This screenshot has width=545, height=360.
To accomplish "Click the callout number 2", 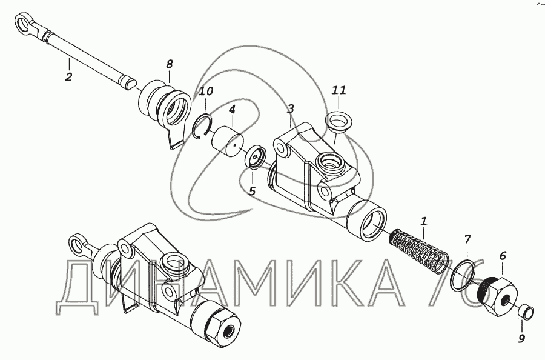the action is [x=68, y=76].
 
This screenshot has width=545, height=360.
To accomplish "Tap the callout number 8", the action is [x=170, y=64].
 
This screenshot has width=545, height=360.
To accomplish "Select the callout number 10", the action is [x=206, y=92].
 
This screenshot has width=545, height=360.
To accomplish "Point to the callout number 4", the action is [x=232, y=110].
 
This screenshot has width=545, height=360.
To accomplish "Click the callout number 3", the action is [x=290, y=109].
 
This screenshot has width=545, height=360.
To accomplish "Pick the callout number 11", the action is [x=339, y=90].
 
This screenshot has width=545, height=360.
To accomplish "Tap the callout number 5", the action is [x=253, y=191].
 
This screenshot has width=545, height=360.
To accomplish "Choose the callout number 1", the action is [x=423, y=221].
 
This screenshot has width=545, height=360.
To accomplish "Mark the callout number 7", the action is [x=467, y=239].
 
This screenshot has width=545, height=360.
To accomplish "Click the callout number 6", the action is [x=503, y=256].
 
